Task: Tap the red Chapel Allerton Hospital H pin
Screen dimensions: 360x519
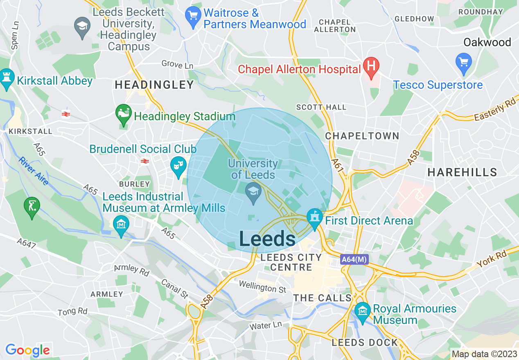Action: pos(371,66)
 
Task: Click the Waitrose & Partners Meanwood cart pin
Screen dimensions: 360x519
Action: pos(192,16)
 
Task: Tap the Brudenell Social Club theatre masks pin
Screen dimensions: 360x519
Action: pos(178,166)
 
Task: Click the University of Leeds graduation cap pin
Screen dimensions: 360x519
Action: pos(253,192)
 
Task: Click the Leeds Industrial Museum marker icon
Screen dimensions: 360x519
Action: pos(121,225)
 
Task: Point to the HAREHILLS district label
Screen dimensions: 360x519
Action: pos(462,172)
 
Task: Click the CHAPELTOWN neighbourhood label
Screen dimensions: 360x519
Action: pos(362,136)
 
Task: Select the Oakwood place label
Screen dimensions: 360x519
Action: pos(487,42)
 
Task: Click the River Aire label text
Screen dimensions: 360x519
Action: pos(34,171)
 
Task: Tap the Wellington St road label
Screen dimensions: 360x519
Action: pos(262,286)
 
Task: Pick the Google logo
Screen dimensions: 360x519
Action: pos(27,350)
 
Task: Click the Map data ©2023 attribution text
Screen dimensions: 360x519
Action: pos(484,354)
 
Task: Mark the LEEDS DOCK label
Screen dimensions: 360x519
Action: pos(365,343)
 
